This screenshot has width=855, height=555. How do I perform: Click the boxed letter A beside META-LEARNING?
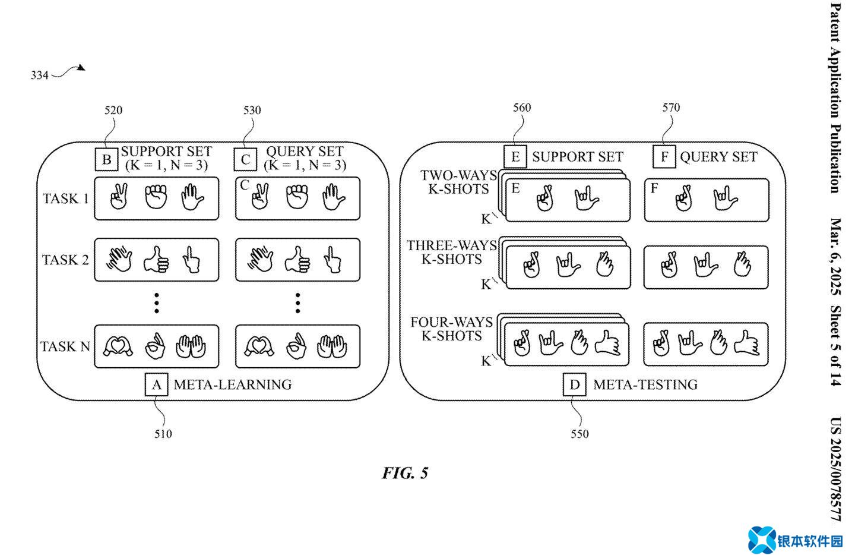click(156, 384)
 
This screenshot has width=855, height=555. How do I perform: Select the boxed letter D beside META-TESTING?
click(574, 384)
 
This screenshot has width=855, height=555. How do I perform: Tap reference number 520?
click(113, 110)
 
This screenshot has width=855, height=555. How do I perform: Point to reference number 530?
click(252, 110)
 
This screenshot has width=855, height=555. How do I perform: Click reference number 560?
click(522, 108)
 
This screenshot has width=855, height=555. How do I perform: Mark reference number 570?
click(671, 108)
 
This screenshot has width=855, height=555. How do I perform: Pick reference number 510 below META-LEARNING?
click(163, 434)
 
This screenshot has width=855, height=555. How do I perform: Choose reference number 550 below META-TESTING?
click(579, 434)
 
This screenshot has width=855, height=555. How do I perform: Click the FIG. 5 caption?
click(405, 473)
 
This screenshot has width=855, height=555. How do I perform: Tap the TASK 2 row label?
click(65, 260)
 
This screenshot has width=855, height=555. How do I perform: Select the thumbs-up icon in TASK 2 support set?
click(156, 260)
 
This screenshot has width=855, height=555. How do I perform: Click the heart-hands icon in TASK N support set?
click(118, 346)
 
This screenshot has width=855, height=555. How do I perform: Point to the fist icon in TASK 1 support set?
click(156, 197)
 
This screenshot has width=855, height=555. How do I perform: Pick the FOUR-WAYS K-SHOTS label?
click(452, 329)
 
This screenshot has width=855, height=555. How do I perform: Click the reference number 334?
click(39, 75)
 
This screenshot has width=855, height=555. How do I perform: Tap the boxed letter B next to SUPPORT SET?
click(107, 159)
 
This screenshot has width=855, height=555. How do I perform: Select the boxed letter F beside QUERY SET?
click(664, 157)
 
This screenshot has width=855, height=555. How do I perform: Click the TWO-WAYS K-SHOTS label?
click(458, 182)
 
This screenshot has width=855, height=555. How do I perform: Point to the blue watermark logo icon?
click(761, 540)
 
